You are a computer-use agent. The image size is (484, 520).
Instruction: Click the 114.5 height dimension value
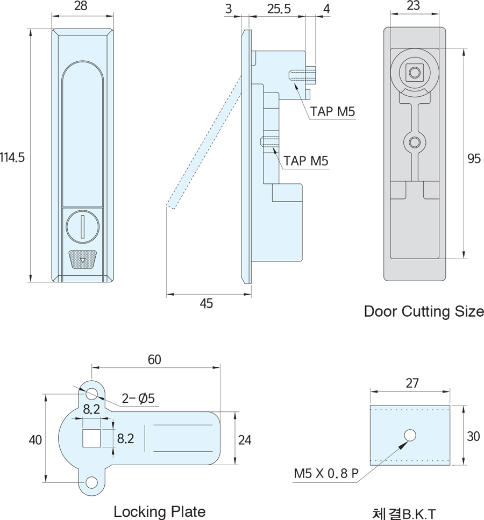point(12,158)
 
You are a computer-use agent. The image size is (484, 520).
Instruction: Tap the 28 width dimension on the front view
point(82,7)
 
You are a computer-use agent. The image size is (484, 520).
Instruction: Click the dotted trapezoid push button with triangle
point(82,260)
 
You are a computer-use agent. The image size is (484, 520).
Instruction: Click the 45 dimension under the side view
point(206,304)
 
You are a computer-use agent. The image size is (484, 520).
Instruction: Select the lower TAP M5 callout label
point(306,161)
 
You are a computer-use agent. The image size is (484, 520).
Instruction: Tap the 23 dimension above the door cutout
point(414,7)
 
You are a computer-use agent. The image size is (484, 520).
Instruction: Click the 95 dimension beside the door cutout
point(474,159)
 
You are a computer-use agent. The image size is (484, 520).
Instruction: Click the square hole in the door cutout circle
point(414,72)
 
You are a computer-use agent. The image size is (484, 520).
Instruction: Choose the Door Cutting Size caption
point(424,311)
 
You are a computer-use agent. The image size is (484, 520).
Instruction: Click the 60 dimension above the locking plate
point(154,360)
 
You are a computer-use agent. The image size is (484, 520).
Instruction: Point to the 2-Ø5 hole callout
point(138,398)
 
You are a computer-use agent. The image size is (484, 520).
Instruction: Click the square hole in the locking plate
point(91,439)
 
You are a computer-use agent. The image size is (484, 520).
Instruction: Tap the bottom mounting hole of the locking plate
point(91,482)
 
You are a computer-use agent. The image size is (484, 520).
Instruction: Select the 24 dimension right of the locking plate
point(244,439)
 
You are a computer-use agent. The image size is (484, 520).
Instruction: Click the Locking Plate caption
point(159,511)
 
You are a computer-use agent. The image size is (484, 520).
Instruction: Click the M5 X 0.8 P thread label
point(326,474)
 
